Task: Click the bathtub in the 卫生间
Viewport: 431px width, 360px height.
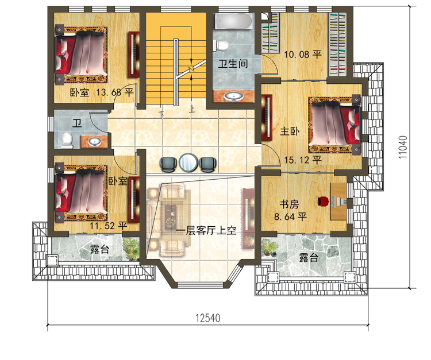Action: (233, 21)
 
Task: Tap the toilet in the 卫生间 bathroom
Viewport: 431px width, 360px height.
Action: (221, 45)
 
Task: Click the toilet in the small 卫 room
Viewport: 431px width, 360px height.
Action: (67, 140)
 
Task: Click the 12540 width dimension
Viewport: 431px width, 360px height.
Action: (208, 318)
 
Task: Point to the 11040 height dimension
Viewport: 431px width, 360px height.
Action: (403, 147)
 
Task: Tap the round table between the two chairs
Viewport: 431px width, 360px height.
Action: (188, 162)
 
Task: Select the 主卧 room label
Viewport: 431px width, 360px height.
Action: (290, 131)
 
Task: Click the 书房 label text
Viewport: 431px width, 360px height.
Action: (289, 204)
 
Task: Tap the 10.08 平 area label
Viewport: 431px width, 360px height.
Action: (303, 55)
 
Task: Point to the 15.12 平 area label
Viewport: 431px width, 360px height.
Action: (303, 160)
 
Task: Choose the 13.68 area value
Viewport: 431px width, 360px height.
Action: (109, 92)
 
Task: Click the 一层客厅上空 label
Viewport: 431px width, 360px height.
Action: (206, 230)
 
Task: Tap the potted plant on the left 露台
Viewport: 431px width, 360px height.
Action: (131, 249)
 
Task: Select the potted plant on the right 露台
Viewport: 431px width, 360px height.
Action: (270, 247)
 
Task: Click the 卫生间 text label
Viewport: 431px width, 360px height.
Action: (233, 64)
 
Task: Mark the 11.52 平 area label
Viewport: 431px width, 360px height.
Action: (109, 226)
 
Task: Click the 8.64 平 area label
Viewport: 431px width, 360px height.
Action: (290, 216)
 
